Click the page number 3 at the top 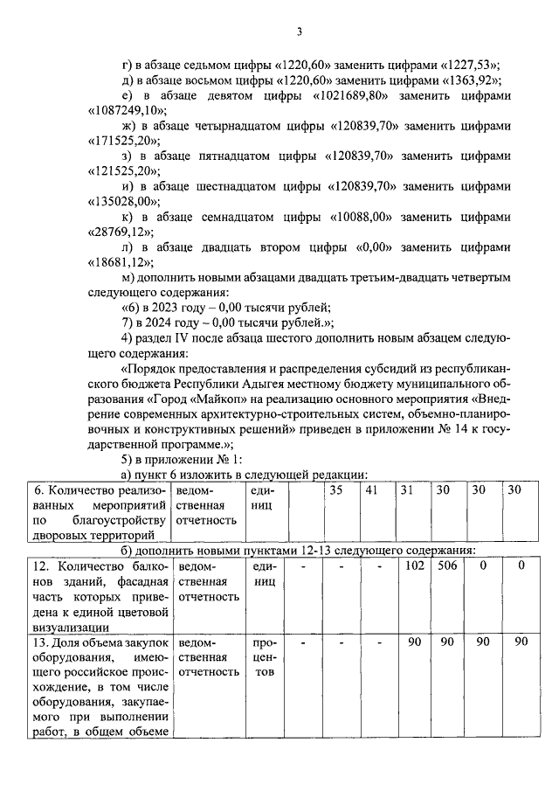(299, 32)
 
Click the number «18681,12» (121, 263)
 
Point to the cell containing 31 (406, 490)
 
